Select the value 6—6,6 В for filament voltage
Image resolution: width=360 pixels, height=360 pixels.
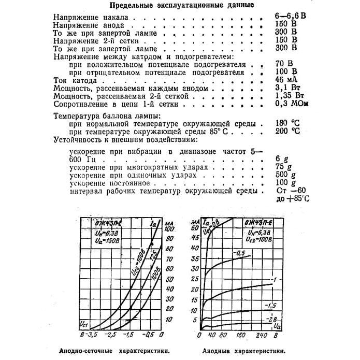pyautogui.click(x=290, y=17)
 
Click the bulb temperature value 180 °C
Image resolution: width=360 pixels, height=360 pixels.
pyautogui.click(x=287, y=124)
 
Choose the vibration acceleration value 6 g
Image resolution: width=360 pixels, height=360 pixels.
pyautogui.click(x=280, y=159)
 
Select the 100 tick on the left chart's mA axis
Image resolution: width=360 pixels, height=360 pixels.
pyautogui.click(x=169, y=228)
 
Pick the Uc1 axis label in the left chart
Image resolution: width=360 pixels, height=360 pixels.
pyautogui.click(x=83, y=324)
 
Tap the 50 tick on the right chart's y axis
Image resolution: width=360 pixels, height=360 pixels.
pyautogui.click(x=195, y=228)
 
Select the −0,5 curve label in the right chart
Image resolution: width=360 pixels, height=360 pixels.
pyautogui.click(x=240, y=253)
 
